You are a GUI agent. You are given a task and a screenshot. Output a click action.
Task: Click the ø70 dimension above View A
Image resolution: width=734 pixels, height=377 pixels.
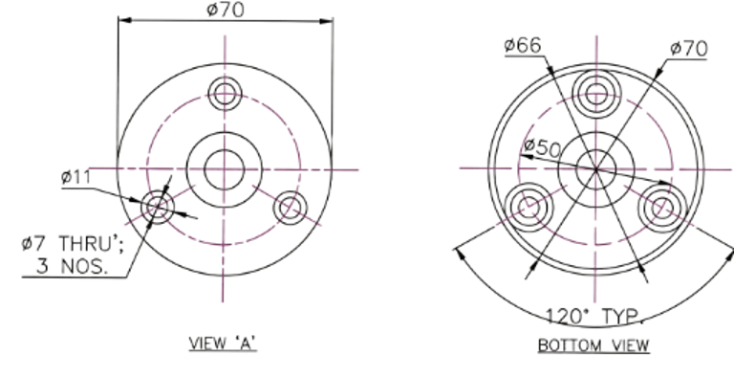coord(226,10)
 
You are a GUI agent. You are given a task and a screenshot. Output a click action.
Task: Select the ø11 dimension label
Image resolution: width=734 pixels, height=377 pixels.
coord(76,177)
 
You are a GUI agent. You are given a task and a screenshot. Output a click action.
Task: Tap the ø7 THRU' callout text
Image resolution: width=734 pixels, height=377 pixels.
coord(73,244)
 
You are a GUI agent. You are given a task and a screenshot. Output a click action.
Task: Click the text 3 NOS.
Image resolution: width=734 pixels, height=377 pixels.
coord(72,266)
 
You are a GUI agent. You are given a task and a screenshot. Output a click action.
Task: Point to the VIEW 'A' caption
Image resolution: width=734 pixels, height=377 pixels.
coord(223,344)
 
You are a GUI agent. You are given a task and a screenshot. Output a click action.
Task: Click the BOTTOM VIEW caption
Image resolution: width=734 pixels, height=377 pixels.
coord(594,345)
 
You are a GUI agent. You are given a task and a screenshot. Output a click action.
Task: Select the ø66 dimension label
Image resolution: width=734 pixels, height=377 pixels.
coord(523,46)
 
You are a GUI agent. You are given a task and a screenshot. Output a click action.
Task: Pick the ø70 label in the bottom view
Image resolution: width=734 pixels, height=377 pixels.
coord(688,49)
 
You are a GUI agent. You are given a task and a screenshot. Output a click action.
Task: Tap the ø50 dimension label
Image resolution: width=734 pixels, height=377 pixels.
coord(543,147)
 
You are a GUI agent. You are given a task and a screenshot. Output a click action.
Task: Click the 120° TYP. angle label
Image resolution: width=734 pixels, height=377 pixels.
coord(594,317)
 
